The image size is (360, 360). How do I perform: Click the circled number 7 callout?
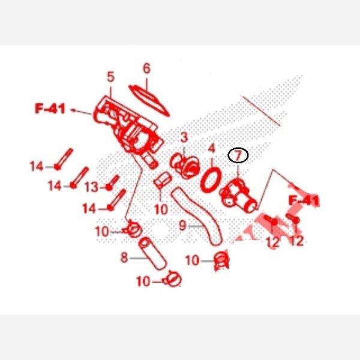[238, 155]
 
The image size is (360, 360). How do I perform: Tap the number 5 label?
[110, 77]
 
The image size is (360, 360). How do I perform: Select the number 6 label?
[146, 68]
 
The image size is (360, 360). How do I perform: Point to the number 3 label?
[184, 138]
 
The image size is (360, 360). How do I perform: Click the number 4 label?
[211, 149]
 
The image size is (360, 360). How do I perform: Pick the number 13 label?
[92, 187]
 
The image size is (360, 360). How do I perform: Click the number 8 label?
[124, 257]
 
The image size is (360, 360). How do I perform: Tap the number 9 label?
[182, 226]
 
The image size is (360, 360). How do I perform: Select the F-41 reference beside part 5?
[50, 109]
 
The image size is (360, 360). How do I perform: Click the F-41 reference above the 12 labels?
[304, 200]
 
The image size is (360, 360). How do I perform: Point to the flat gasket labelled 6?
[149, 100]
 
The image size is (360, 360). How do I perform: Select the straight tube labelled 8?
[152, 254]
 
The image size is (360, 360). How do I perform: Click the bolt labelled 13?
[113, 182]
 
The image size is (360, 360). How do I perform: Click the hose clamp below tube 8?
[173, 279]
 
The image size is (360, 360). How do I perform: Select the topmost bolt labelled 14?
[64, 159]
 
